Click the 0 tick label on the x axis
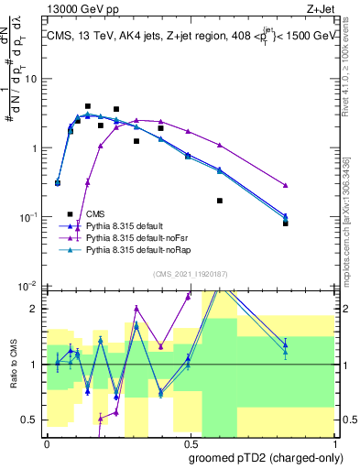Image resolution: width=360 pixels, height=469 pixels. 47,442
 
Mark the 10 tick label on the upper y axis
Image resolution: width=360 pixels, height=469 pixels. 30,78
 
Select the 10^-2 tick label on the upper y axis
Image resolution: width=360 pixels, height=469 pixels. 28,286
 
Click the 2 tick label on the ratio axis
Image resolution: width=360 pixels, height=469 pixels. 34,309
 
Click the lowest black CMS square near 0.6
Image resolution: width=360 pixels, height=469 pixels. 220,201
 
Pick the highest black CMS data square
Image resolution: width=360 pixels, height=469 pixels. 88,106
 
